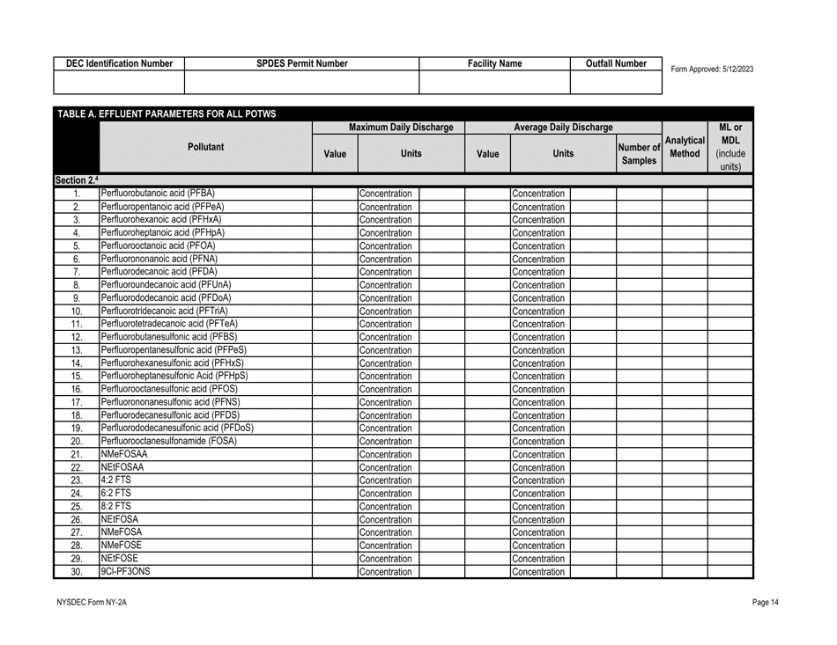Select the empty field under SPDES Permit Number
(x=300, y=83)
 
